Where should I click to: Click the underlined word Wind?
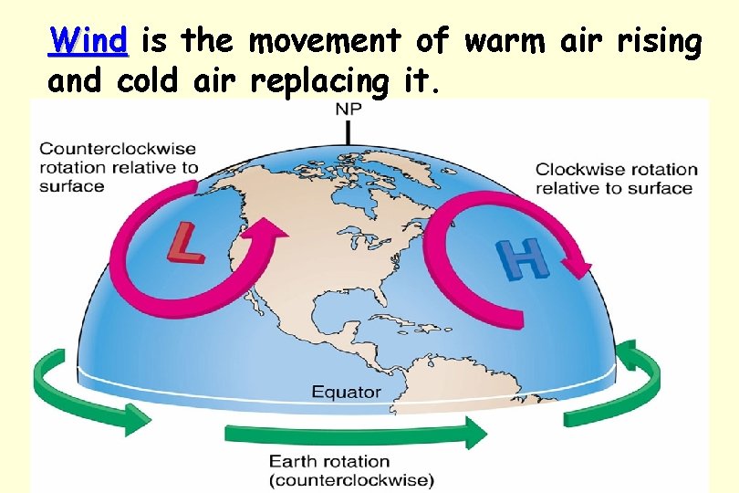pos(88,41)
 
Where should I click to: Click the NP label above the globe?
pos(349,110)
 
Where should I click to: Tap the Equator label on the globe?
pos(347,392)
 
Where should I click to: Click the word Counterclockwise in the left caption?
pos(118,148)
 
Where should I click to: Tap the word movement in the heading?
pos(324,41)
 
